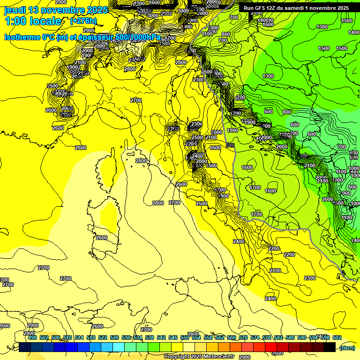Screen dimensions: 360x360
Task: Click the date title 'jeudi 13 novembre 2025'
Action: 56,10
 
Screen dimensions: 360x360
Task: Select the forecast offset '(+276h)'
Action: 83,21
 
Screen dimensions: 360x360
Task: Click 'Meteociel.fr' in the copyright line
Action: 215,357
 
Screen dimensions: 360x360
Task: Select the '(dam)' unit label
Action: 347,347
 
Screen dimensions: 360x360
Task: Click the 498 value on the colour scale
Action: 32,337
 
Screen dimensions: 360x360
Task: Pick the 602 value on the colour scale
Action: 337,337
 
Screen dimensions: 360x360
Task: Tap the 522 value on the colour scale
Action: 102,337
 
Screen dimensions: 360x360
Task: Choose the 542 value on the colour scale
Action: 161,337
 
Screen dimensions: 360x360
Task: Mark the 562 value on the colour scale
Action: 219,337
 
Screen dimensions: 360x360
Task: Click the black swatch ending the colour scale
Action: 330,347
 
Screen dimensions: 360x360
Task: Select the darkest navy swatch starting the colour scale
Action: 25,347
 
